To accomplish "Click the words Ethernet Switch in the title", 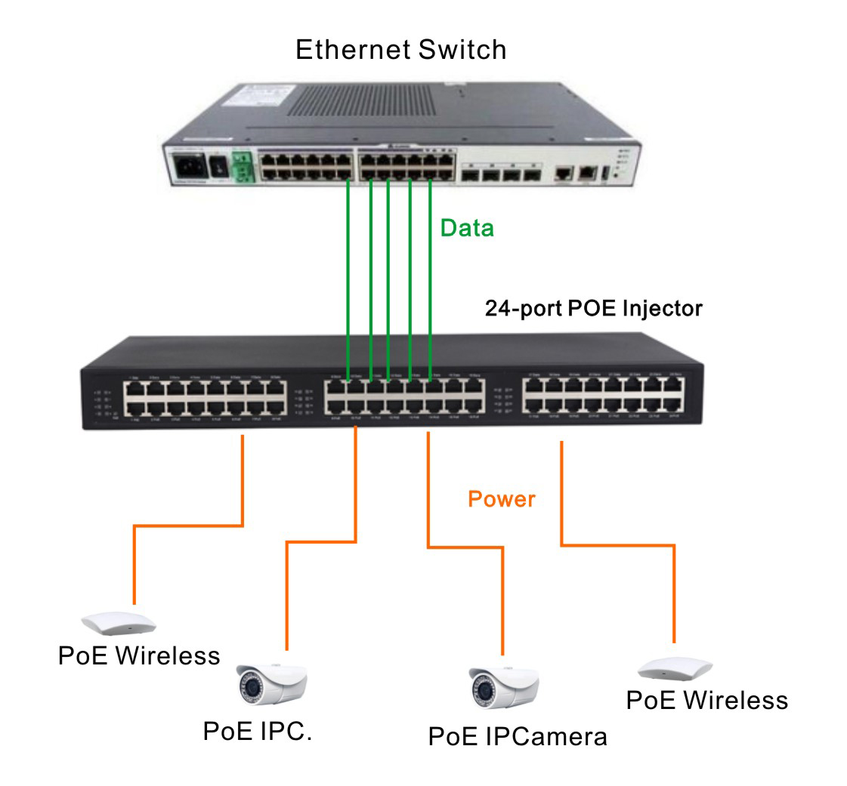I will pos(401,51).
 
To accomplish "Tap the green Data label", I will pos(467,227).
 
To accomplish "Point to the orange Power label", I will pos(502,499).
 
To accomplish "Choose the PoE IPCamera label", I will pos(518,736).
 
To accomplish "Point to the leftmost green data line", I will pos(348,279).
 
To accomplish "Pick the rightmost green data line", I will pos(429,279).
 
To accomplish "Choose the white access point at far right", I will pos(675,669).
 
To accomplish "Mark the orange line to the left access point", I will pos(189,524).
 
